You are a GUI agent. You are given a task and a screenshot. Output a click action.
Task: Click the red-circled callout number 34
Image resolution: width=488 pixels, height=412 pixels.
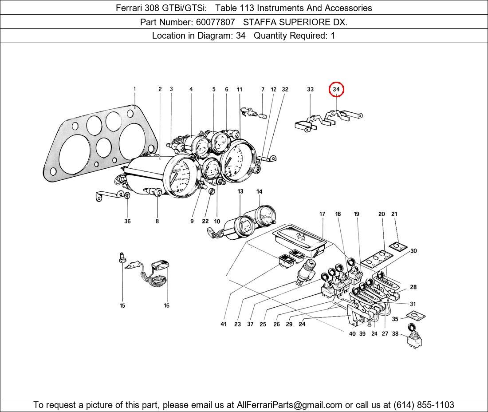click(336, 90)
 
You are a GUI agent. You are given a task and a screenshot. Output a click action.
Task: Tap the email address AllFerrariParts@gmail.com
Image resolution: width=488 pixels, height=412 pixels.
click(289, 404)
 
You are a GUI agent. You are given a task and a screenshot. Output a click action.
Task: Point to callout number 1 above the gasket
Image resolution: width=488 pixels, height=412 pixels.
click(135, 89)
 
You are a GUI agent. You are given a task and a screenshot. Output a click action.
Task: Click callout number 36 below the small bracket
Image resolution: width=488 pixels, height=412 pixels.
click(127, 221)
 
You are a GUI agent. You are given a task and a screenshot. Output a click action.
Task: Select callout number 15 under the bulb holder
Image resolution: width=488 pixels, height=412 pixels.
click(122, 305)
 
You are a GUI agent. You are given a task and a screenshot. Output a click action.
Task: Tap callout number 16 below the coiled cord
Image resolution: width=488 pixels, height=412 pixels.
click(166, 305)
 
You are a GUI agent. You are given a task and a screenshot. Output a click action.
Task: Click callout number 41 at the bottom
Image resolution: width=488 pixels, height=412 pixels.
click(224, 324)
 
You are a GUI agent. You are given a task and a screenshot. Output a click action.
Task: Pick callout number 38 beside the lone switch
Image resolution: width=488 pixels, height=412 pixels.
click(395, 334)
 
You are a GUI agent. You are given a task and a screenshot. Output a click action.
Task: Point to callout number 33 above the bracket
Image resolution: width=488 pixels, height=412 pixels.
click(310, 90)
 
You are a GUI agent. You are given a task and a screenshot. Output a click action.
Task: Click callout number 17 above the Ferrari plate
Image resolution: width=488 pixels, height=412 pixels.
click(322, 214)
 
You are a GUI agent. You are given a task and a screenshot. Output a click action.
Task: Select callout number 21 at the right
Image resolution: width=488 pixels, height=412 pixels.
click(394, 214)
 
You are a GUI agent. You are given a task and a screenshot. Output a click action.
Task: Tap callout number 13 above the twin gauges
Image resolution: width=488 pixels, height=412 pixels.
click(240, 192)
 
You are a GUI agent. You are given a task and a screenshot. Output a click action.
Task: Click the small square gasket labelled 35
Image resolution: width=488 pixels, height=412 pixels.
click(416, 317)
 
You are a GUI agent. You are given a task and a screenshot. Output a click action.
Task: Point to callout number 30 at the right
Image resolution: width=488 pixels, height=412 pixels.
click(413, 251)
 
